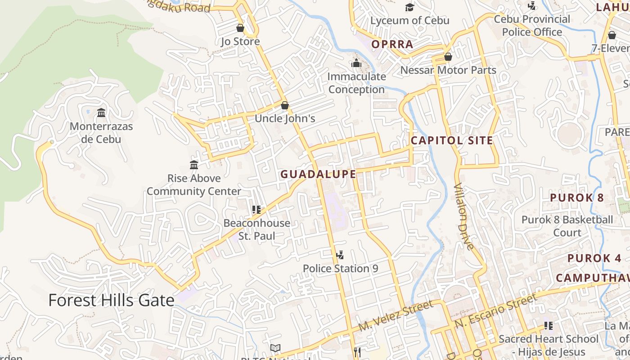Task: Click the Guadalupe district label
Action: click(319, 174)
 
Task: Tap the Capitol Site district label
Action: click(452, 140)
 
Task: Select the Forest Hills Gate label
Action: click(111, 300)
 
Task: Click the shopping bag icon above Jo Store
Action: click(240, 28)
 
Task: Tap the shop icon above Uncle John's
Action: click(284, 105)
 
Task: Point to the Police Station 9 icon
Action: click(340, 255)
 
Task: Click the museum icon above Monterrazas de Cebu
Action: click(101, 112)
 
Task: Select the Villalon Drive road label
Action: click(464, 216)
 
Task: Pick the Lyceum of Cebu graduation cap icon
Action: click(409, 7)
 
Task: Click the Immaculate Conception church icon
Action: click(356, 63)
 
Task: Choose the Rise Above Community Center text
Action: click(194, 184)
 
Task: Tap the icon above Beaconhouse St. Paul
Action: click(256, 209)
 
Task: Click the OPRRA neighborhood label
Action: click(392, 44)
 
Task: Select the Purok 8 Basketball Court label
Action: click(567, 226)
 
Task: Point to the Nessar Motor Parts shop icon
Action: click(448, 57)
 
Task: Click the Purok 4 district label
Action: click(594, 258)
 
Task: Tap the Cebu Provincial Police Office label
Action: click(532, 26)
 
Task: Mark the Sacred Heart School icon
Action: click(548, 325)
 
